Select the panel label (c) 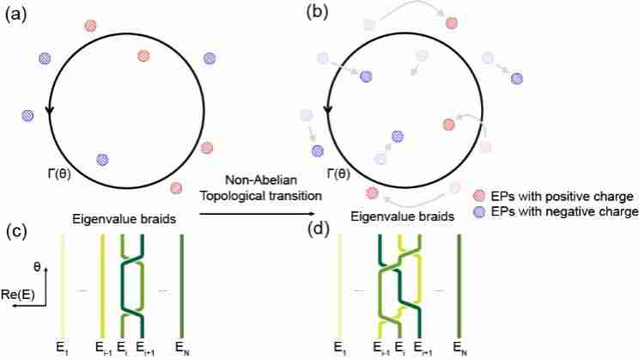pyautogui.click(x=15, y=232)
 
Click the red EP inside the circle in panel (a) pyautogui.click(x=143, y=57)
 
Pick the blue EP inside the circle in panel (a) pyautogui.click(x=102, y=159)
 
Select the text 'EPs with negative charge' pyautogui.click(x=561, y=211)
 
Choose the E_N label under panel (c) pyautogui.click(x=182, y=348)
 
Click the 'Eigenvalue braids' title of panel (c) pyautogui.click(x=125, y=219)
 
